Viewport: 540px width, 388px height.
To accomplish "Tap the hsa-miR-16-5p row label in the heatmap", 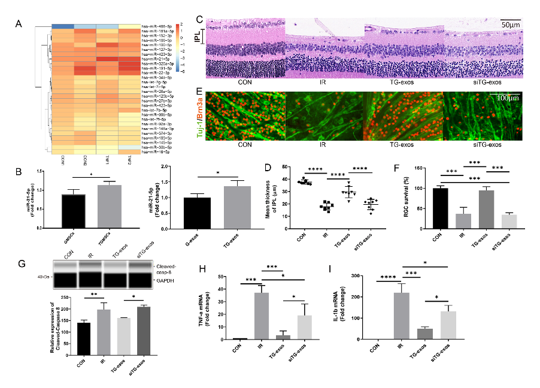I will point(156,152).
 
